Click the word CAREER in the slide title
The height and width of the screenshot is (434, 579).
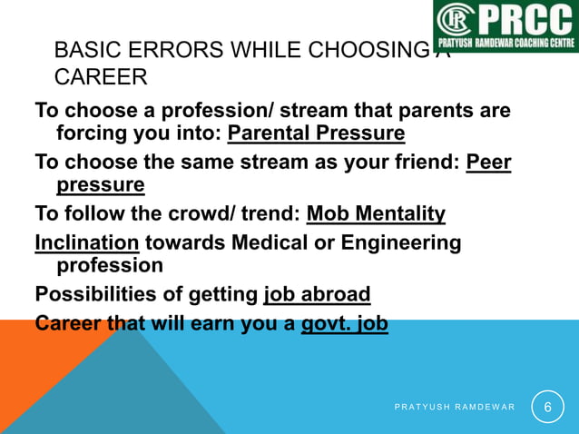click(x=101, y=78)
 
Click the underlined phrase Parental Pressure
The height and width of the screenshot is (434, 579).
click(x=316, y=134)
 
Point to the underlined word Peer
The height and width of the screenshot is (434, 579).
click(x=488, y=163)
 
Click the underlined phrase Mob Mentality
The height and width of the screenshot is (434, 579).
click(x=376, y=214)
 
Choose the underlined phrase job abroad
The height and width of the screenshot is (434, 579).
click(x=317, y=295)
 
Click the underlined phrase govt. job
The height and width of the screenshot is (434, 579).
click(x=344, y=324)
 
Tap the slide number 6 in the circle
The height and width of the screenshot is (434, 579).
click(x=547, y=408)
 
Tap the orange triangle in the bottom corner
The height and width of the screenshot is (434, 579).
click(x=36, y=381)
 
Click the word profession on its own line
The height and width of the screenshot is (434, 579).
click(x=110, y=266)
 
